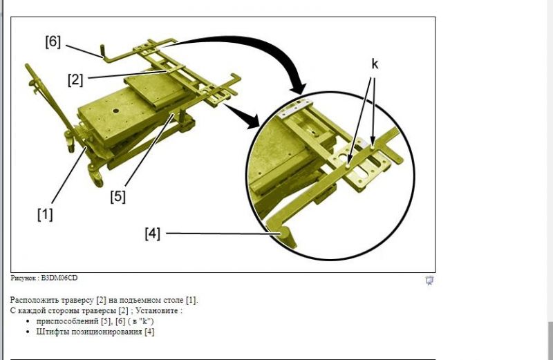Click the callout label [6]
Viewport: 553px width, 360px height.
click(x=53, y=41)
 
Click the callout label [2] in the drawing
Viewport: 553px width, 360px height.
click(x=75, y=79)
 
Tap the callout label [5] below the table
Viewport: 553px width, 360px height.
click(x=118, y=196)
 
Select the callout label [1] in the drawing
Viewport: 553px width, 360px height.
click(x=45, y=214)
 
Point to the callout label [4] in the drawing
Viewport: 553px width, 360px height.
click(x=152, y=234)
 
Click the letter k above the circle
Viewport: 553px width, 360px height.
click(x=375, y=64)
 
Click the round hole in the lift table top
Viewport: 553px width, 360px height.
click(x=115, y=111)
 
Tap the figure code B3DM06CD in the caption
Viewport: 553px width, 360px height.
click(x=59, y=278)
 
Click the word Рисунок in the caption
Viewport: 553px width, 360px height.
click(x=23, y=278)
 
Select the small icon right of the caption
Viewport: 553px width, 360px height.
click(x=429, y=281)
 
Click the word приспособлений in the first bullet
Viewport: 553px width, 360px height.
click(x=67, y=321)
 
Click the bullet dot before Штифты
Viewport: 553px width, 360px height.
click(x=28, y=332)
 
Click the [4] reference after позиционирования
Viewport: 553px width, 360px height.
click(x=149, y=332)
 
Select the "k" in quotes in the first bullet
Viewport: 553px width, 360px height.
click(x=145, y=321)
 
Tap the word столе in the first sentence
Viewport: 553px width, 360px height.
click(x=174, y=300)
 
